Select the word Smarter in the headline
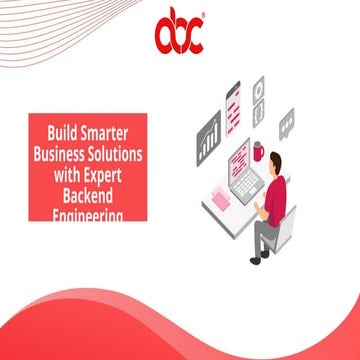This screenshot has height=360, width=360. point(113,131)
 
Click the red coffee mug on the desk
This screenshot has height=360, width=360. point(260,151)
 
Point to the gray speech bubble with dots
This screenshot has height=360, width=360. point(287,123)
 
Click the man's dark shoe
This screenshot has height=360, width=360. point(257,257)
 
